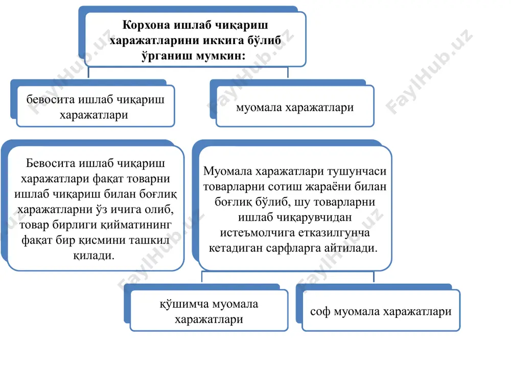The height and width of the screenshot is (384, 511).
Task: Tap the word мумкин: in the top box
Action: [x=223, y=56]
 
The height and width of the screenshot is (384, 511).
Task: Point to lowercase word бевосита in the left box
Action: [x=51, y=99]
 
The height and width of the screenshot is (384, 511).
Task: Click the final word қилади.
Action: [x=94, y=255]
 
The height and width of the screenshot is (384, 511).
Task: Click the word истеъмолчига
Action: [x=258, y=233]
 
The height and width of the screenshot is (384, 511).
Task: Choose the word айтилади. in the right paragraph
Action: [x=351, y=248]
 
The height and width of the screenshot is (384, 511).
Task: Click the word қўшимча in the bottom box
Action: [x=184, y=304]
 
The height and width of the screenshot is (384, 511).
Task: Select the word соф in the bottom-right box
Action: [x=320, y=311]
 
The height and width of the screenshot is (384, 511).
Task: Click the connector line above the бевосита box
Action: [x=88, y=72]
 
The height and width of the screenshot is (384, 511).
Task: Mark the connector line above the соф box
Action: [x=374, y=277]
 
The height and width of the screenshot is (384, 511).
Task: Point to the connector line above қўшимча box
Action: [x=202, y=277]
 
